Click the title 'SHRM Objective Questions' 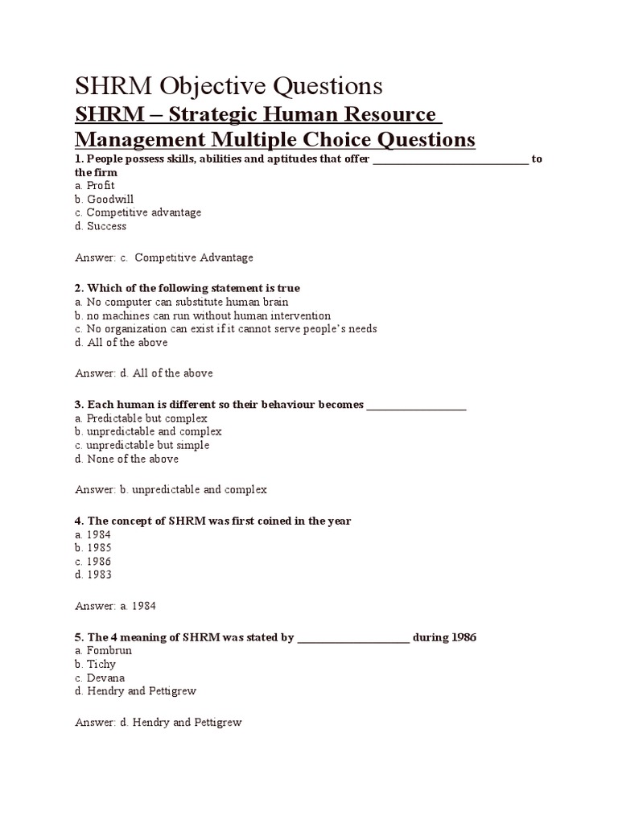(x=229, y=86)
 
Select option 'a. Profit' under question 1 (x=95, y=186)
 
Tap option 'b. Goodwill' (x=105, y=199)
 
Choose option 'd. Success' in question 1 (x=101, y=226)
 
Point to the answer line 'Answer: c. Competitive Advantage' (x=164, y=257)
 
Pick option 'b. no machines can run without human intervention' (x=203, y=315)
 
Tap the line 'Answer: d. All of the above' (x=144, y=373)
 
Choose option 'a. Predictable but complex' (x=141, y=418)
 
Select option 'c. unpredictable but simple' (x=142, y=445)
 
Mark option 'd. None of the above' (x=127, y=459)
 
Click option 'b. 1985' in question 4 (x=93, y=548)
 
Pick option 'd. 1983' (x=93, y=575)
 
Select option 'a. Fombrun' (x=103, y=650)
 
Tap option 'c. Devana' (x=100, y=678)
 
